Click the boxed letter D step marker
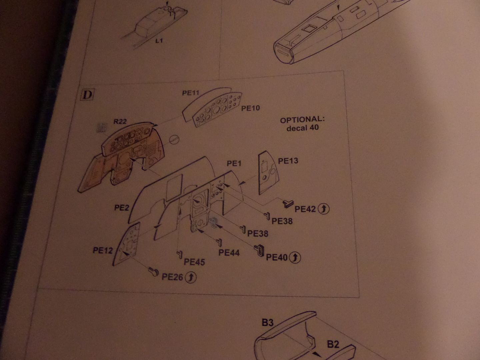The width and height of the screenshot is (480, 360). pyautogui.click(x=87, y=95)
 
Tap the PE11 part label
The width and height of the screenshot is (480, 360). pyautogui.click(x=191, y=93)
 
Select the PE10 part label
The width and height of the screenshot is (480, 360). pyautogui.click(x=250, y=108)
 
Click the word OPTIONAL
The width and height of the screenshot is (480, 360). pyautogui.click(x=302, y=120)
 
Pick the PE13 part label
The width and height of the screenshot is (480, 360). pyautogui.click(x=288, y=161)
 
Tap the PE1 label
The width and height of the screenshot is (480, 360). pyautogui.click(x=234, y=163)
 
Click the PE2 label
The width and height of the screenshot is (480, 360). pyautogui.click(x=122, y=208)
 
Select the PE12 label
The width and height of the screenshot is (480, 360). pyautogui.click(x=103, y=250)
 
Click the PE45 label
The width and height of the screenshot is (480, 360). pyautogui.click(x=194, y=262)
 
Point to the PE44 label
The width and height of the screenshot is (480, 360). pyautogui.click(x=229, y=253)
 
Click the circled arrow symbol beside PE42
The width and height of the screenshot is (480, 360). pyautogui.click(x=323, y=209)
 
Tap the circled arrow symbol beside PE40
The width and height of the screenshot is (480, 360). pyautogui.click(x=295, y=257)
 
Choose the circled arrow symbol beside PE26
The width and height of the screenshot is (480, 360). pyautogui.click(x=190, y=277)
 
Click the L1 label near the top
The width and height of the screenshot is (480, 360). pyautogui.click(x=159, y=41)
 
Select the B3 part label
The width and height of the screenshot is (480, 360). pyautogui.click(x=268, y=323)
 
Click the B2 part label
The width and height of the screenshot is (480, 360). pyautogui.click(x=333, y=344)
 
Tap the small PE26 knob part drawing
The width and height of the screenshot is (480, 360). pyautogui.click(x=153, y=272)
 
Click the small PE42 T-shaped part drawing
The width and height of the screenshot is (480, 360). pyautogui.click(x=288, y=204)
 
